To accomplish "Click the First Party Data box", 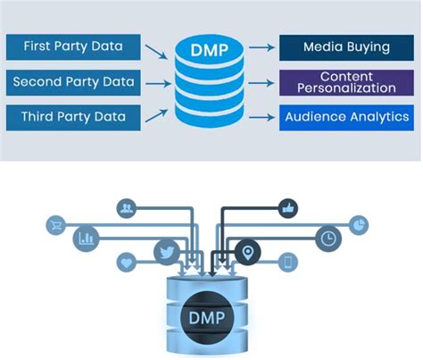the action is point(73,47).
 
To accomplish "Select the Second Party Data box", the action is point(73,82).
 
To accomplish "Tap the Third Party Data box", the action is point(73,117).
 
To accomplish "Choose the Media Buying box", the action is point(346,47).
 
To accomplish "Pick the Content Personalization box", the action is point(346,82).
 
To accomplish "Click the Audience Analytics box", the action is point(346,117).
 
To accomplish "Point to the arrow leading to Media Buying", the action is point(261,47).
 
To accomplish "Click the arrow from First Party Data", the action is point(156,52).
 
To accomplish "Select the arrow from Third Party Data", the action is point(156,115).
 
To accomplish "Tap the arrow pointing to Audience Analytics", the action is point(261,117).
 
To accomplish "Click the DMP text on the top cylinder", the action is point(210,50).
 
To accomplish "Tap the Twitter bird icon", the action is point(167,252).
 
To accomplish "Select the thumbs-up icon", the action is point(288,208).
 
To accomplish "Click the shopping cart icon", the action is point(55,225).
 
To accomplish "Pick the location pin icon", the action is point(248,253).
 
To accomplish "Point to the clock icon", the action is point(328,239).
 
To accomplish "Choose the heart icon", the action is point(127,263).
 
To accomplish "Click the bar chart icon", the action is point(86,239).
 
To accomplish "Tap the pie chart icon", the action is point(359,225).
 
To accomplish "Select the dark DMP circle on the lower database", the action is point(207,317).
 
